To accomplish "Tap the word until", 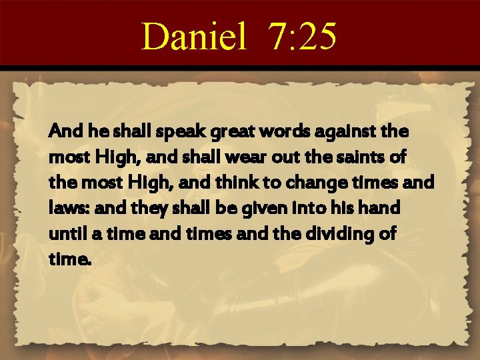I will [x=65, y=233].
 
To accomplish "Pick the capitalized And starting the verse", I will [x=63, y=132].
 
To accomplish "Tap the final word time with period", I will [x=67, y=259].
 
